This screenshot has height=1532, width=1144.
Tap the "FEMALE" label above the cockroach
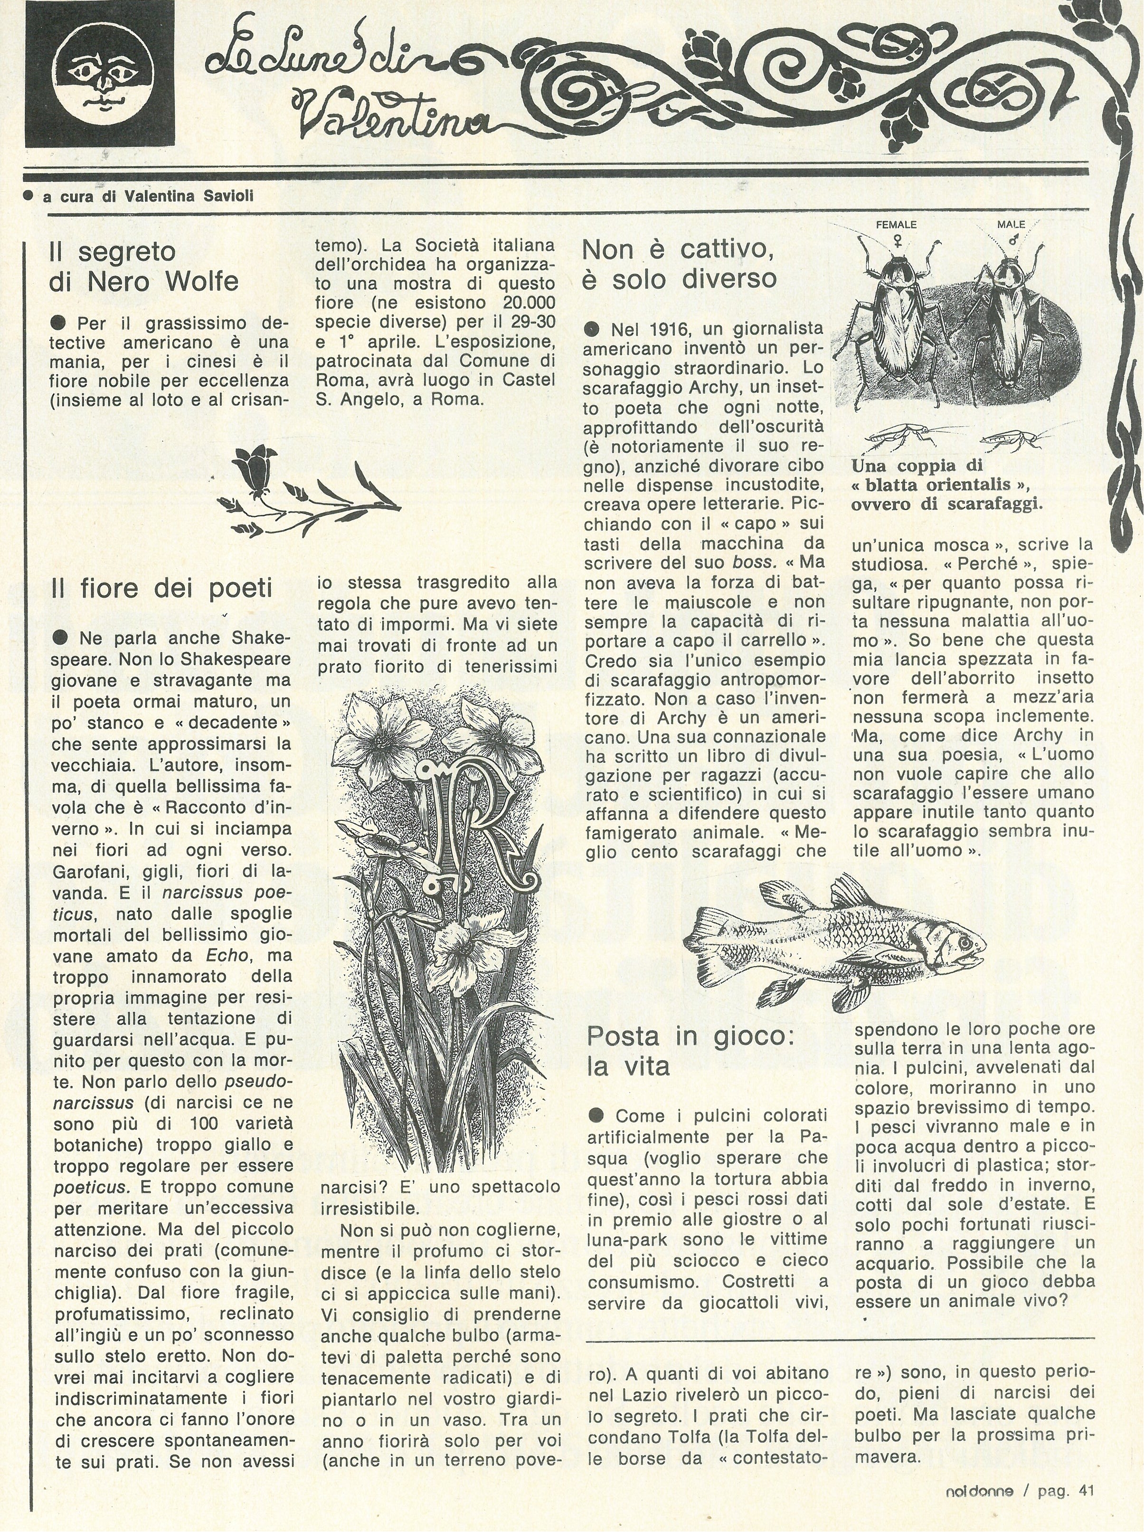point(896,225)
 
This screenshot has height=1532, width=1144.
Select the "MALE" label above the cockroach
point(1011,225)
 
